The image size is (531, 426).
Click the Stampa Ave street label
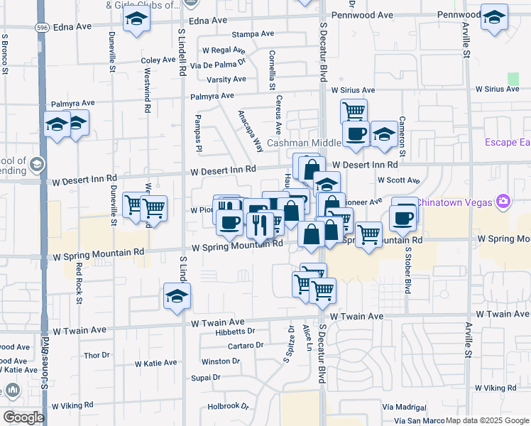(x=252, y=33)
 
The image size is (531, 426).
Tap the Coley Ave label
(x=158, y=60)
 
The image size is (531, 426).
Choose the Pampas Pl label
(x=199, y=133)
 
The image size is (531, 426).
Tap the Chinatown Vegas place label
(x=454, y=202)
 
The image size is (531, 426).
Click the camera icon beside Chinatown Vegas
(x=503, y=202)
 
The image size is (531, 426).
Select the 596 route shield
(x=41, y=26)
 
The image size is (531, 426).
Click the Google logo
(x=23, y=417)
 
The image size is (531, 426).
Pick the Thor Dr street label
(x=96, y=354)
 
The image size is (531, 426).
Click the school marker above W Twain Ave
(x=177, y=295)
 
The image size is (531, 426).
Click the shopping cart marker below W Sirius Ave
(x=354, y=111)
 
